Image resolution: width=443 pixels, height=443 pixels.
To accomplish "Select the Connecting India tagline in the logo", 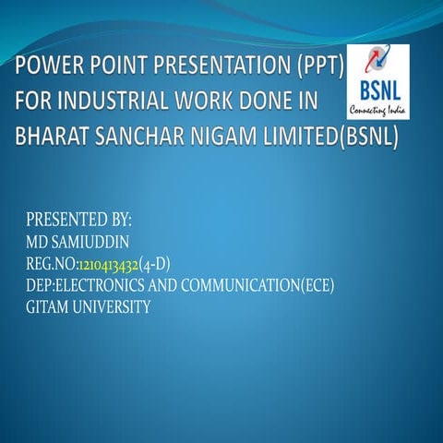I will (x=378, y=111).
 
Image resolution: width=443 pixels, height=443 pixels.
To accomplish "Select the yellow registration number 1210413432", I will (x=114, y=265).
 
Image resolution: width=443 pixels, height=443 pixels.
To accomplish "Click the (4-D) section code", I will (x=154, y=265).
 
